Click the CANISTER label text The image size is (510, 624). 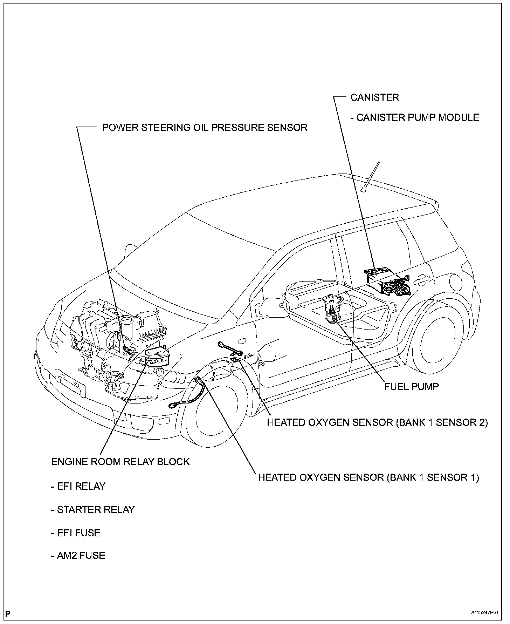click(x=374, y=97)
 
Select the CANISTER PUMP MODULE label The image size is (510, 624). click(x=414, y=117)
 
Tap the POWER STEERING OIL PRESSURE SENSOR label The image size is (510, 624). click(x=205, y=127)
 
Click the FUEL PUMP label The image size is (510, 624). click(x=412, y=386)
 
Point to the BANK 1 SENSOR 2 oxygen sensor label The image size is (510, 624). click(x=377, y=422)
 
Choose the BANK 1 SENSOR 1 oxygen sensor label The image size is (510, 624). click(x=368, y=477)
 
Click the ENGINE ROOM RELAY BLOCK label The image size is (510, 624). click(x=120, y=461)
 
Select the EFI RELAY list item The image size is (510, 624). click(x=78, y=486)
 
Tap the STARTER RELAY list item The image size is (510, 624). click(x=92, y=509)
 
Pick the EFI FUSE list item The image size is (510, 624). click(x=75, y=533)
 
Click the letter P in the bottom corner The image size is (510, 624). click(x=8, y=613)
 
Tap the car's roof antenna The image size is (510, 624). click(x=371, y=177)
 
